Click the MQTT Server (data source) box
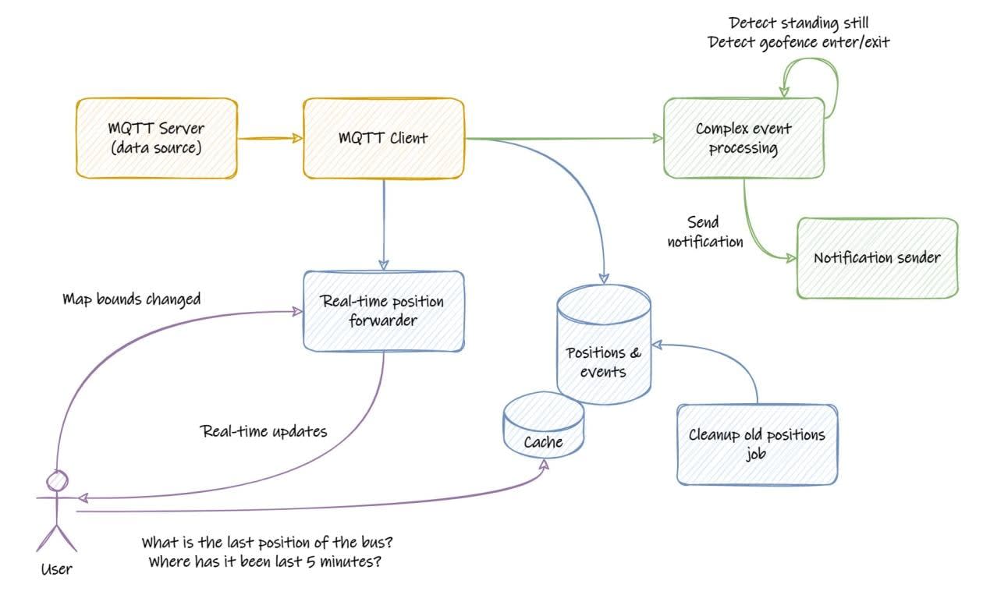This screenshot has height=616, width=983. coord(155,138)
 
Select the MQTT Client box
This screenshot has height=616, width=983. coord(384,138)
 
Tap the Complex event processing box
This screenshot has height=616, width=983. coord(743,138)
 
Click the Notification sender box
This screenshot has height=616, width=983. coord(877,258)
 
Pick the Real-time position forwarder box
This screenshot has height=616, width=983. coord(383,310)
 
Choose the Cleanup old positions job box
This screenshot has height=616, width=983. coord(757,444)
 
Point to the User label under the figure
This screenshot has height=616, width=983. coord(56,569)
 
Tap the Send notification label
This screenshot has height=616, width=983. coord(704,232)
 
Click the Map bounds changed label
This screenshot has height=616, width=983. coord(131,299)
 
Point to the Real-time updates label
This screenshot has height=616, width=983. coord(264,431)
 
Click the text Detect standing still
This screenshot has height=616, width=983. coord(798,23)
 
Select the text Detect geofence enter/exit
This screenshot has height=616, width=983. coord(798,42)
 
